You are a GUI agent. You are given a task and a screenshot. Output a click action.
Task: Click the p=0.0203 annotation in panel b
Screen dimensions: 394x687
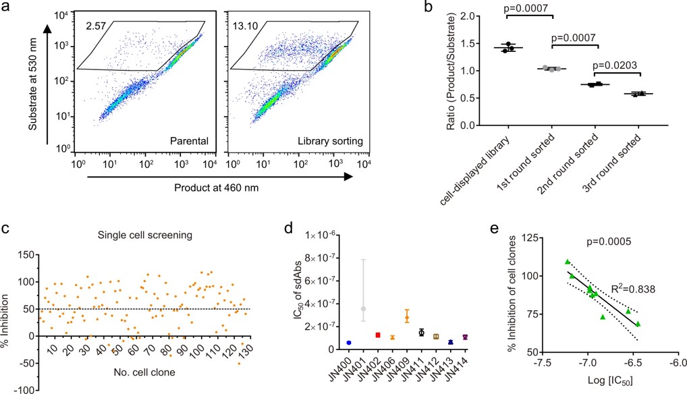615,66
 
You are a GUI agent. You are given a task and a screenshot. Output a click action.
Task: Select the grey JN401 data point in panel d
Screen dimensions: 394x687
363,308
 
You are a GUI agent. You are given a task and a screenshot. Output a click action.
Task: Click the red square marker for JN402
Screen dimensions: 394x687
378,335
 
